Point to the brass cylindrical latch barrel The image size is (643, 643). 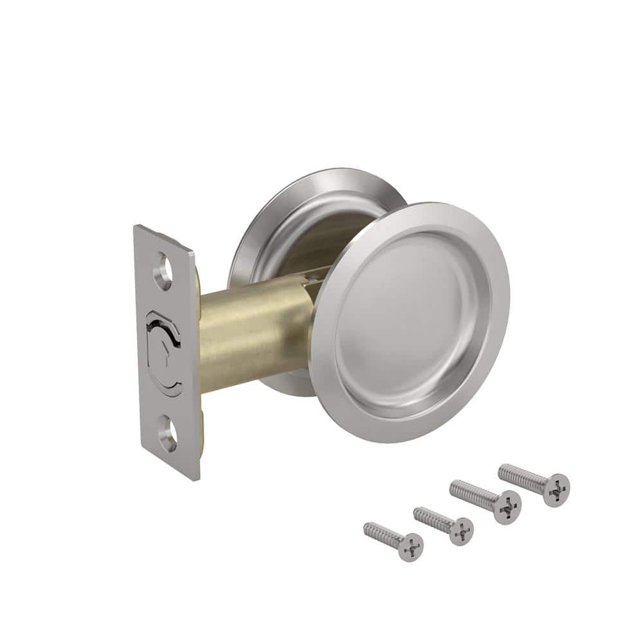(257, 334)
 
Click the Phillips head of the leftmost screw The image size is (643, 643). (410, 547)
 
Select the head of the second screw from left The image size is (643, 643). (460, 531)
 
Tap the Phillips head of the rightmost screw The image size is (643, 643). (556, 489)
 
